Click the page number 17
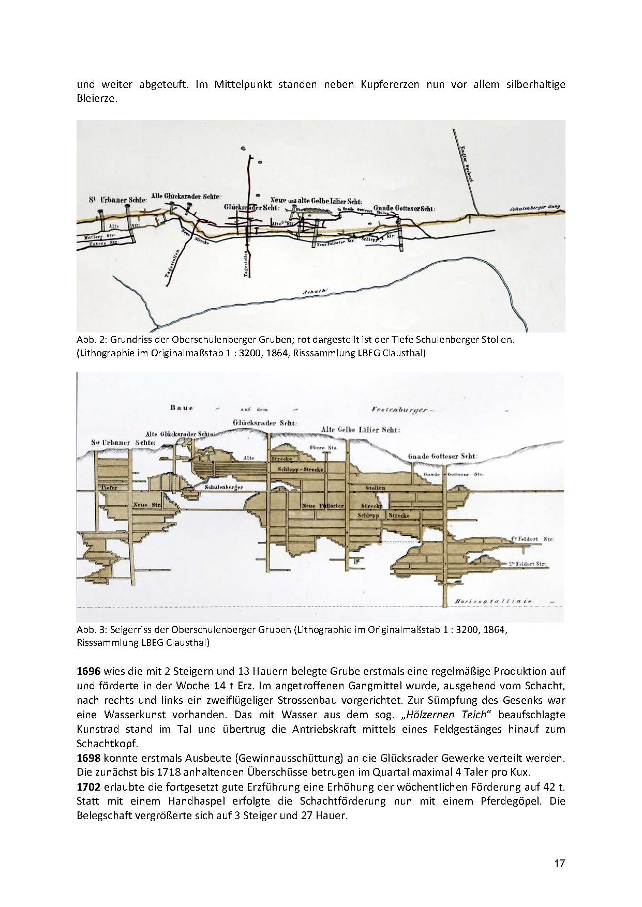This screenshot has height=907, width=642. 559,863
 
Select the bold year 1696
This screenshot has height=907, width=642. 88,672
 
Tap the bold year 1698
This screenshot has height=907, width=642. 88,759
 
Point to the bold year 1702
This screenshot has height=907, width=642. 88,788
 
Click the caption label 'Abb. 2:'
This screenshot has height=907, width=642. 89,340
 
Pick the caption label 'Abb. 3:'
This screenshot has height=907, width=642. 89,630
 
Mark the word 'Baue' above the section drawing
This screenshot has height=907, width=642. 182,408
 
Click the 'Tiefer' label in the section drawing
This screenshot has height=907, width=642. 109,488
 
